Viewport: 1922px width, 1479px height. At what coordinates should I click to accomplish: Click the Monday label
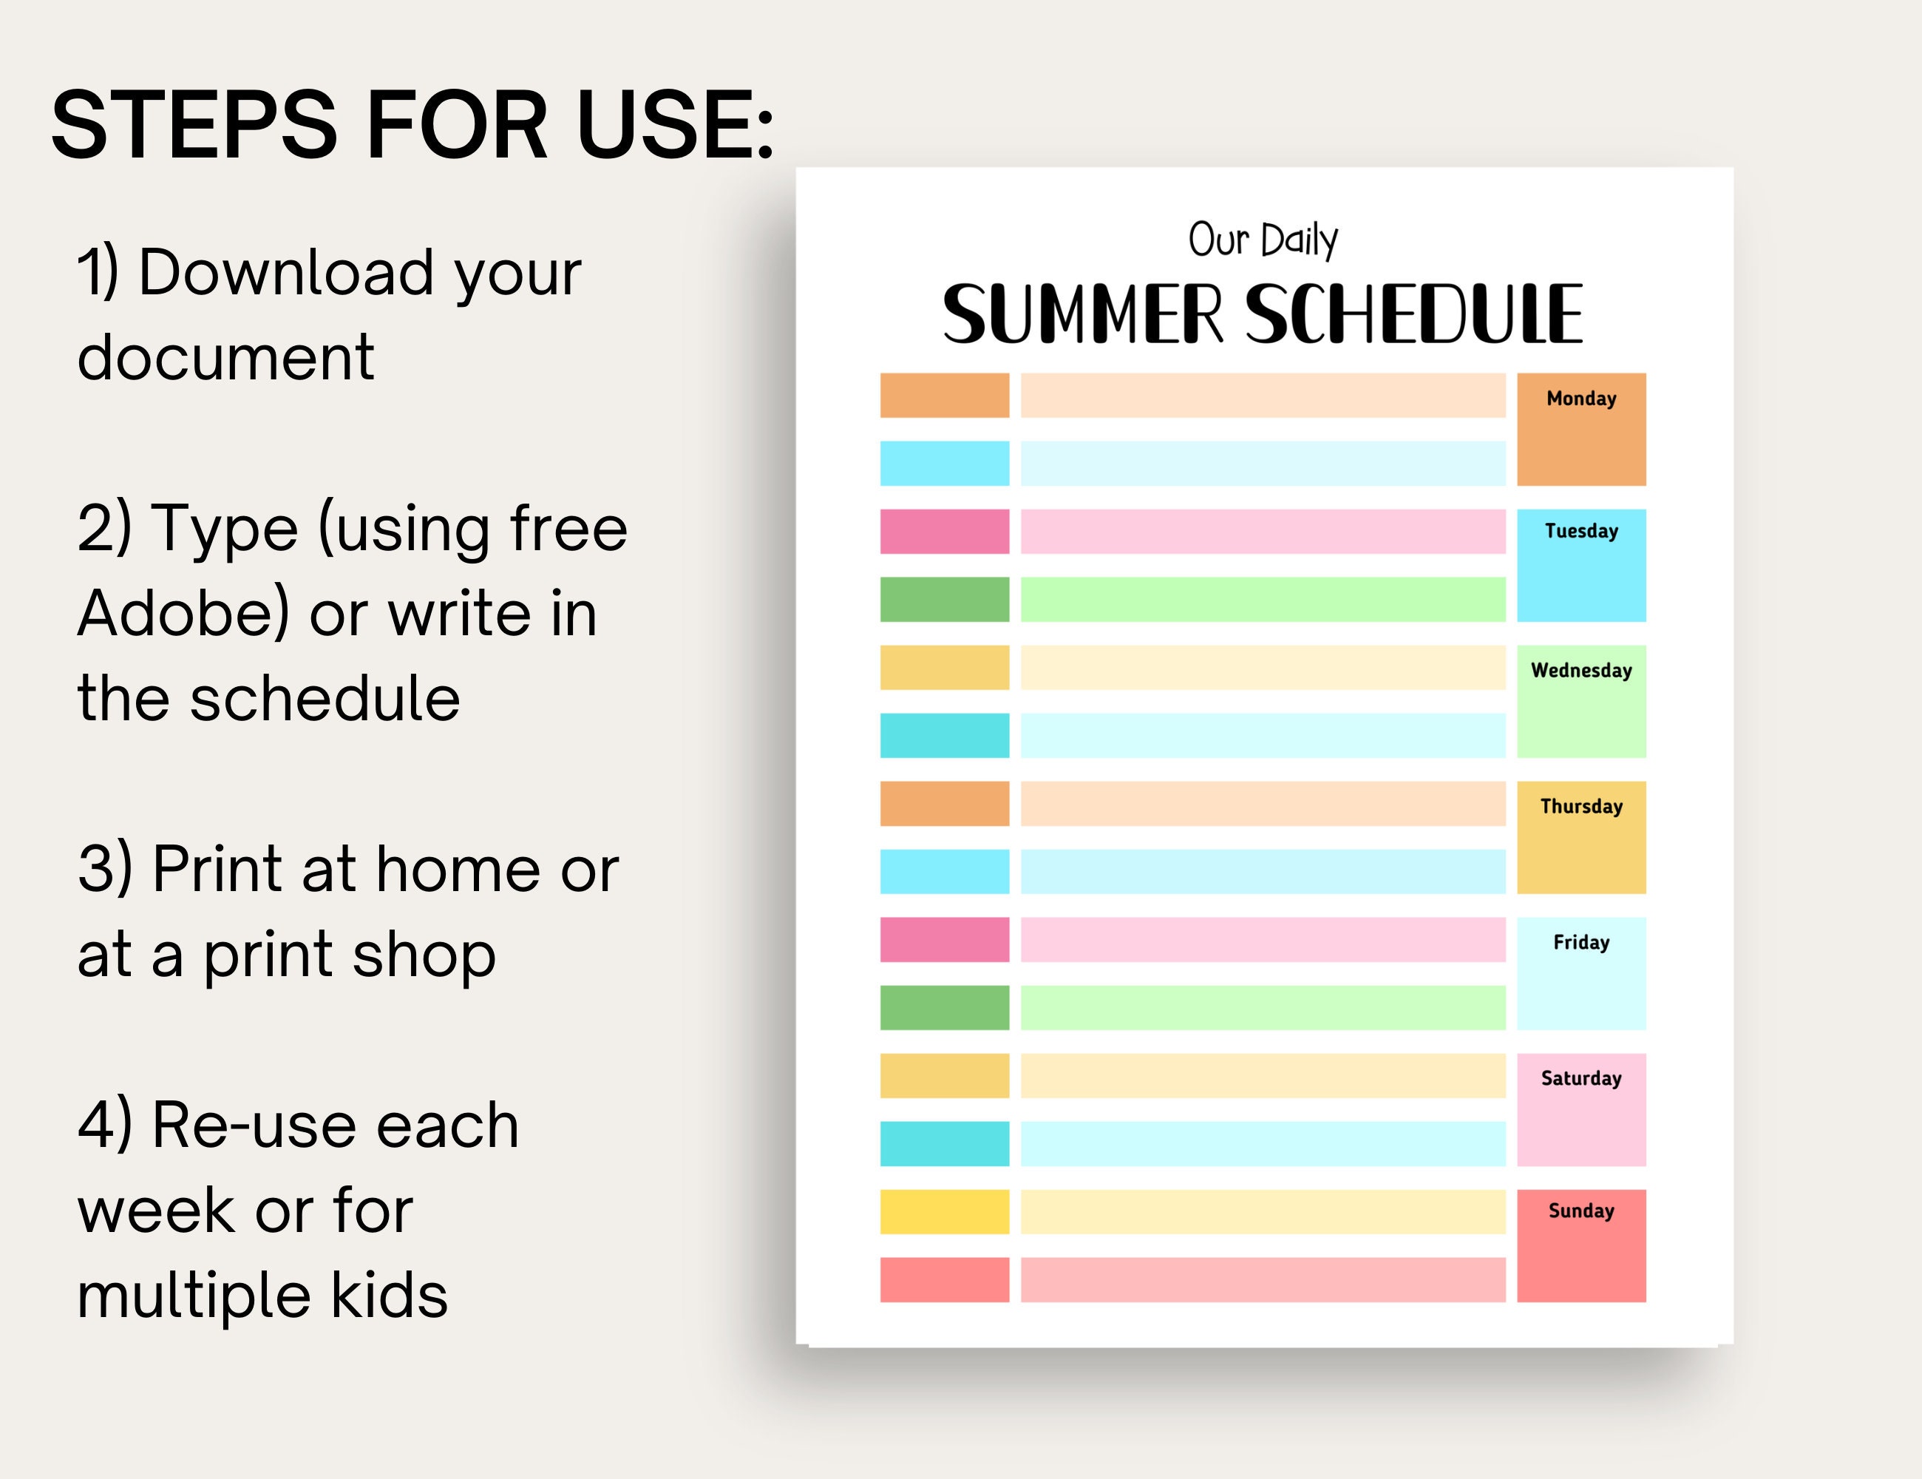[x=1580, y=399]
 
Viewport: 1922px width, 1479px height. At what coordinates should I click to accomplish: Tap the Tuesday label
[x=1580, y=531]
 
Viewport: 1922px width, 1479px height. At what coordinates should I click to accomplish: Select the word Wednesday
[x=1580, y=671]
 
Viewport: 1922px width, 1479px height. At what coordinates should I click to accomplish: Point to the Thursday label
[x=1580, y=806]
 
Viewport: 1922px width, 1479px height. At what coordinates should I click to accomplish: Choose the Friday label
[x=1580, y=943]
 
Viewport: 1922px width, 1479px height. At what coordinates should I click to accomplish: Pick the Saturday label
[x=1580, y=1078]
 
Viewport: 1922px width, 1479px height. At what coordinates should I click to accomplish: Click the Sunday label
[x=1580, y=1211]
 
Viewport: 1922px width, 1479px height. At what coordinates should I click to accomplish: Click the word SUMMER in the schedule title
[x=1082, y=314]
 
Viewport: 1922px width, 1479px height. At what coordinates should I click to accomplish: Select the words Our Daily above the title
[x=1262, y=240]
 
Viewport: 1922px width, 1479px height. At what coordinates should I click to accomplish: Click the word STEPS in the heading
[x=194, y=125]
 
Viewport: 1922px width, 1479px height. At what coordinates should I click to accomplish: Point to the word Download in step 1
[x=287, y=272]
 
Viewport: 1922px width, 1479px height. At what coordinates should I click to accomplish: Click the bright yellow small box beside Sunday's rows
[x=944, y=1211]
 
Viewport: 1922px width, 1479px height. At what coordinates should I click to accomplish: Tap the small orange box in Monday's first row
[x=944, y=396]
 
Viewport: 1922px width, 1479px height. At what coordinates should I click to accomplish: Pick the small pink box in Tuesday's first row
[x=944, y=532]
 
